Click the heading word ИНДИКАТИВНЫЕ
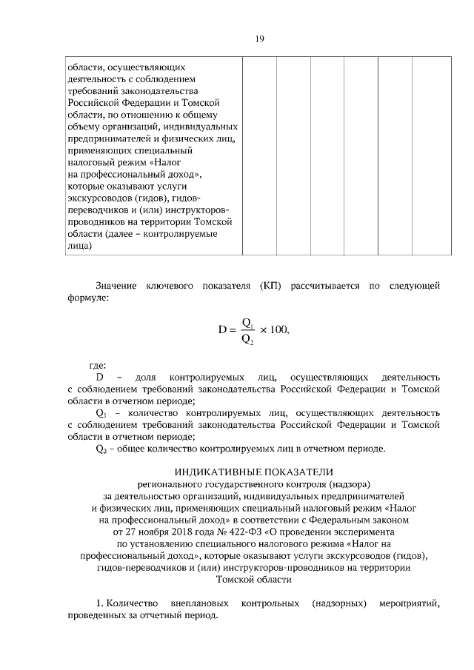tap(213, 472)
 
